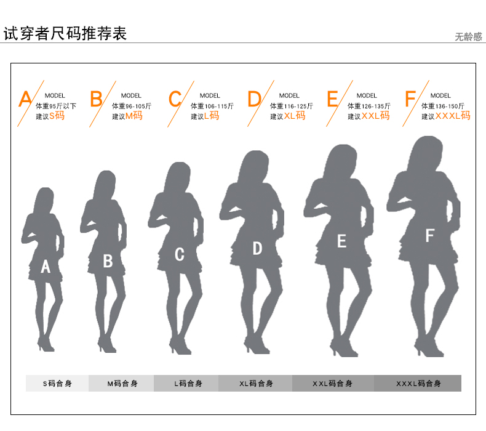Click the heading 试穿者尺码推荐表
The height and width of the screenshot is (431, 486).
(65, 33)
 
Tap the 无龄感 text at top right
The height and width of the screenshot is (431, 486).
(469, 37)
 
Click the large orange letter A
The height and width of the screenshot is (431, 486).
(25, 99)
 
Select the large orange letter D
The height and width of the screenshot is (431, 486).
(254, 99)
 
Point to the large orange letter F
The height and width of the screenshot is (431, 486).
(410, 99)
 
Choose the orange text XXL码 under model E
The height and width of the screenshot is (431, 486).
(375, 116)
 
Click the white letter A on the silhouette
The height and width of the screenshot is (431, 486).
(45, 267)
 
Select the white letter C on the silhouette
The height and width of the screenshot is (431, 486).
(179, 254)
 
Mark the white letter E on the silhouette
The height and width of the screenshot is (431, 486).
(341, 241)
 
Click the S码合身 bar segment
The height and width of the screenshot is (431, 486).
(57, 384)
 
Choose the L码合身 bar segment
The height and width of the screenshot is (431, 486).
(186, 384)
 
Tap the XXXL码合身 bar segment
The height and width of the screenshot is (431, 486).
(418, 384)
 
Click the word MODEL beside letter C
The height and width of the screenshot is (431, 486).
(210, 95)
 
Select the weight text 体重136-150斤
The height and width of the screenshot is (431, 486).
(443, 106)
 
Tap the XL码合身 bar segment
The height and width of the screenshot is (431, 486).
(255, 384)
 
